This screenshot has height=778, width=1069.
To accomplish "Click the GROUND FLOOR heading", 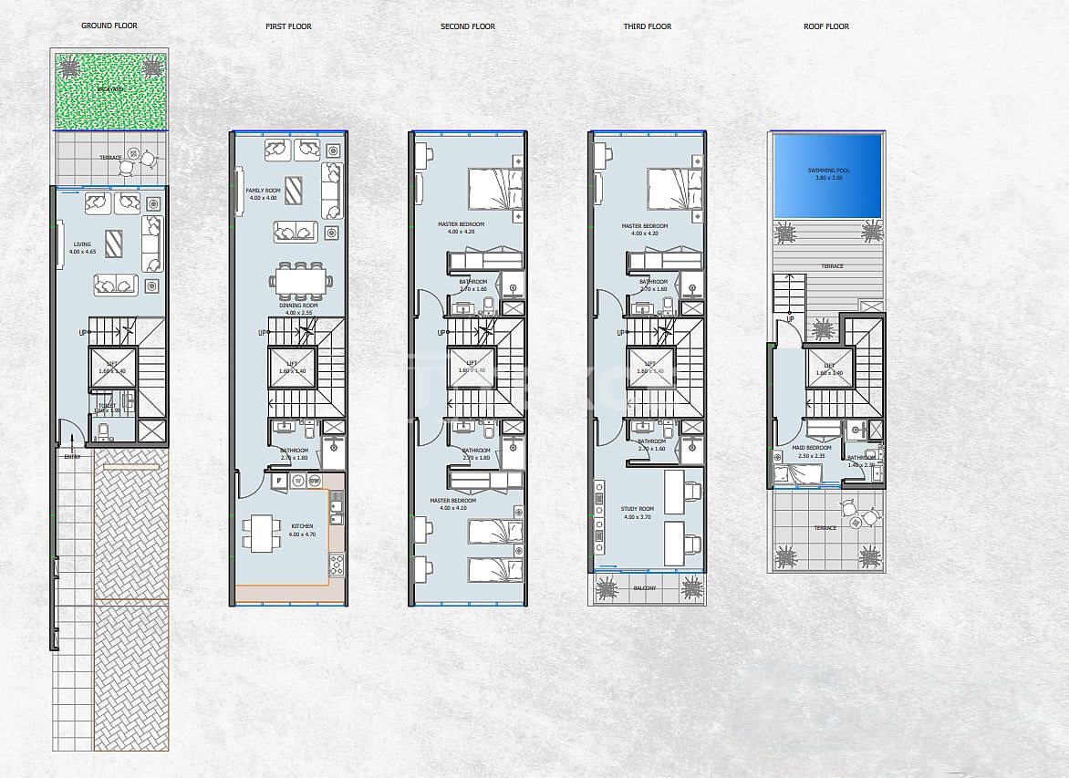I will [x=109, y=26].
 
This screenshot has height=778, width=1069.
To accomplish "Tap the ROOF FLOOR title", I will [x=825, y=26].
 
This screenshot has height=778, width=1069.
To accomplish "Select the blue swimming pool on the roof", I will [x=827, y=176].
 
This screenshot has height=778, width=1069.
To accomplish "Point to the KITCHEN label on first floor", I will [x=302, y=526].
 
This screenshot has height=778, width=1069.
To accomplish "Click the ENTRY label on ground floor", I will [x=72, y=456].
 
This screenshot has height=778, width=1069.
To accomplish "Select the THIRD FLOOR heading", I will [x=647, y=26].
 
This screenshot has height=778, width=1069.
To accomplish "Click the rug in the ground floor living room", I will [x=115, y=244].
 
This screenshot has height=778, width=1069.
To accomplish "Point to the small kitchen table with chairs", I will [x=260, y=532].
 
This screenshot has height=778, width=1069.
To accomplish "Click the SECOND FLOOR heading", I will [x=468, y=26].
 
